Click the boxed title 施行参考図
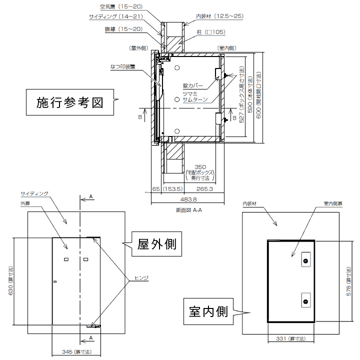click(70, 102)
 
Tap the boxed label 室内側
click(208, 312)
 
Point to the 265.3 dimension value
click(205, 189)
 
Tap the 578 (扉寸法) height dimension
click(348, 281)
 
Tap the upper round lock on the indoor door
click(305, 261)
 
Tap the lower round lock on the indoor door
click(305, 300)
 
